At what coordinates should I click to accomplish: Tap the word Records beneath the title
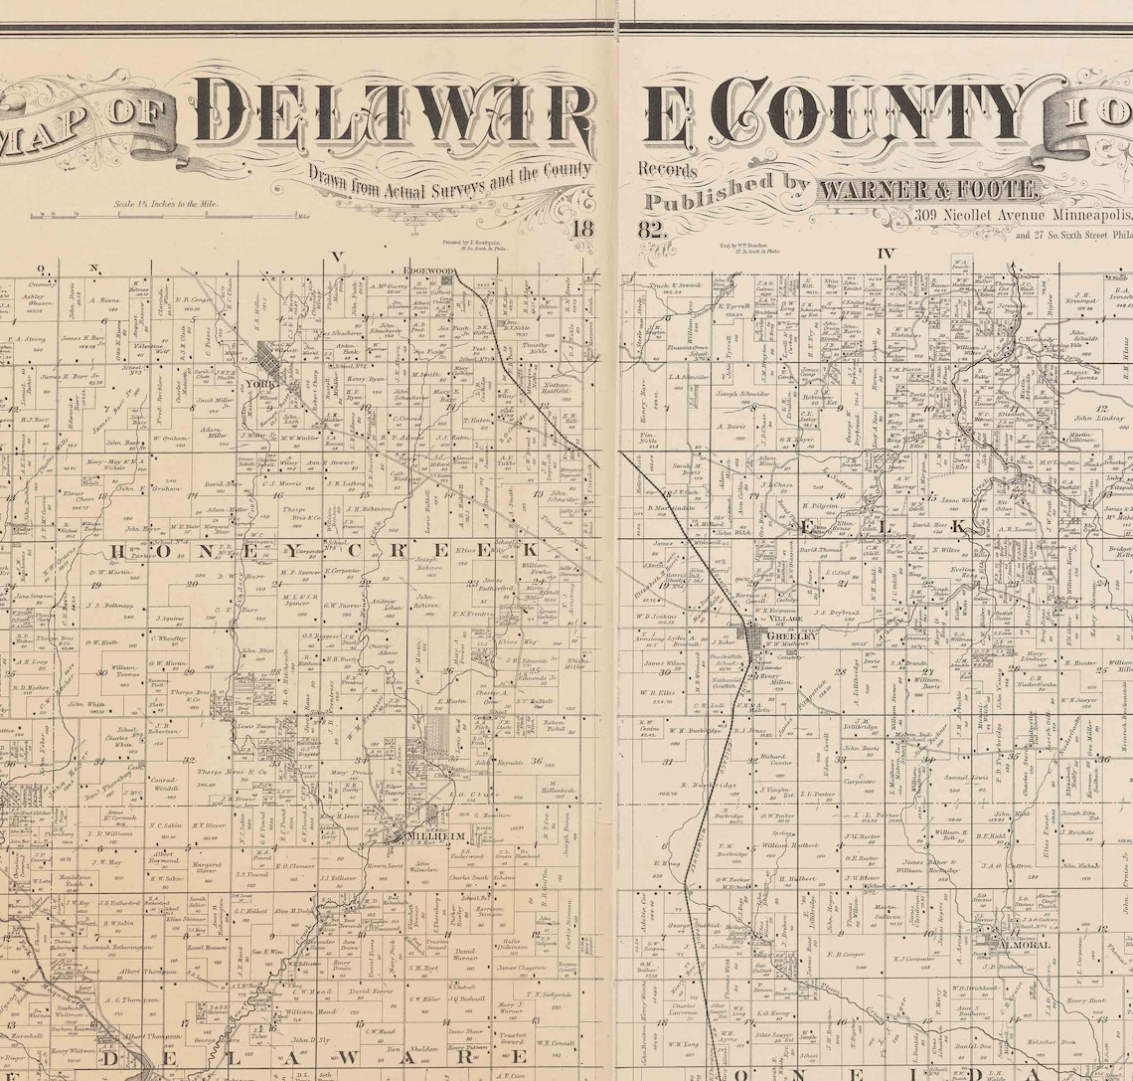pyautogui.click(x=662, y=169)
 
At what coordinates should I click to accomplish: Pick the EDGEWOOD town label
pyautogui.click(x=428, y=270)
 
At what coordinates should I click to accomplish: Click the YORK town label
pyautogui.click(x=263, y=382)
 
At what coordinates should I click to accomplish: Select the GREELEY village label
pyautogui.click(x=790, y=633)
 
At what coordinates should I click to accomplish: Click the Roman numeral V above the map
pyautogui.click(x=338, y=256)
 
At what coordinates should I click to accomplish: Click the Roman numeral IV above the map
pyautogui.click(x=887, y=253)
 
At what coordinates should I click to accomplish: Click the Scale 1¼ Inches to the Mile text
pyautogui.click(x=165, y=203)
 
